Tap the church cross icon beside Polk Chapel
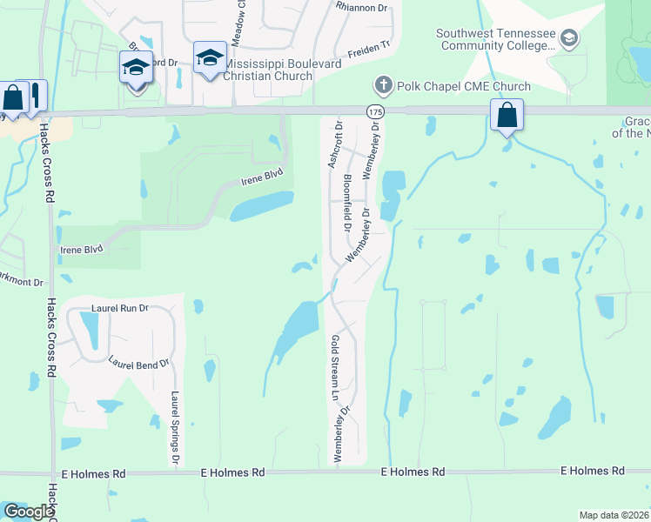[382, 85]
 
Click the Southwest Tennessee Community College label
[495, 40]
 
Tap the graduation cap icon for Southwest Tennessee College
[568, 37]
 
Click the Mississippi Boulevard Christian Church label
[268, 70]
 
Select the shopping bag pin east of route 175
[507, 116]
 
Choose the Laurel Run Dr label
[120, 308]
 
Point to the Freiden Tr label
[371, 52]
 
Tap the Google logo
[27, 512]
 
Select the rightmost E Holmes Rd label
[592, 471]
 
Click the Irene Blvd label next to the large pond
[263, 182]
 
